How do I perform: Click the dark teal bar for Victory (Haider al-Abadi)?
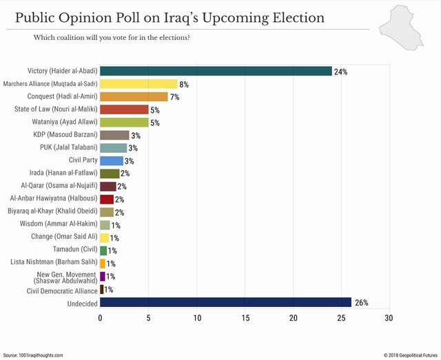[x=216, y=71]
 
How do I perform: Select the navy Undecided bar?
[x=225, y=302]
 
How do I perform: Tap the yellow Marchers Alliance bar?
[x=139, y=84]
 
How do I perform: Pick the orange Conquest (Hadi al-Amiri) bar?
[x=134, y=96]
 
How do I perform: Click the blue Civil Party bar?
[x=112, y=161]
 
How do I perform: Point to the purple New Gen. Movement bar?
[x=103, y=277]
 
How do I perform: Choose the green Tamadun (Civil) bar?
[x=103, y=251]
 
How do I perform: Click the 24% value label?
[x=340, y=72]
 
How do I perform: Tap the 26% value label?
[x=361, y=303]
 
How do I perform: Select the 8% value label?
[x=184, y=84]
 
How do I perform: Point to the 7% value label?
[x=174, y=97]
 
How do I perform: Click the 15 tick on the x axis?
[x=245, y=318]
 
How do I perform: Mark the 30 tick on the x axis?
[x=389, y=318]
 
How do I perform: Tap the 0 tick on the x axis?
[x=100, y=318]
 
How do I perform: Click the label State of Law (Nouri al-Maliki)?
[x=56, y=109]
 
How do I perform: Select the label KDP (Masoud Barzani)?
[x=65, y=135]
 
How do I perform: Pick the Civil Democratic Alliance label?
[x=62, y=291]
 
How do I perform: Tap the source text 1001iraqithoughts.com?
[x=41, y=355]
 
